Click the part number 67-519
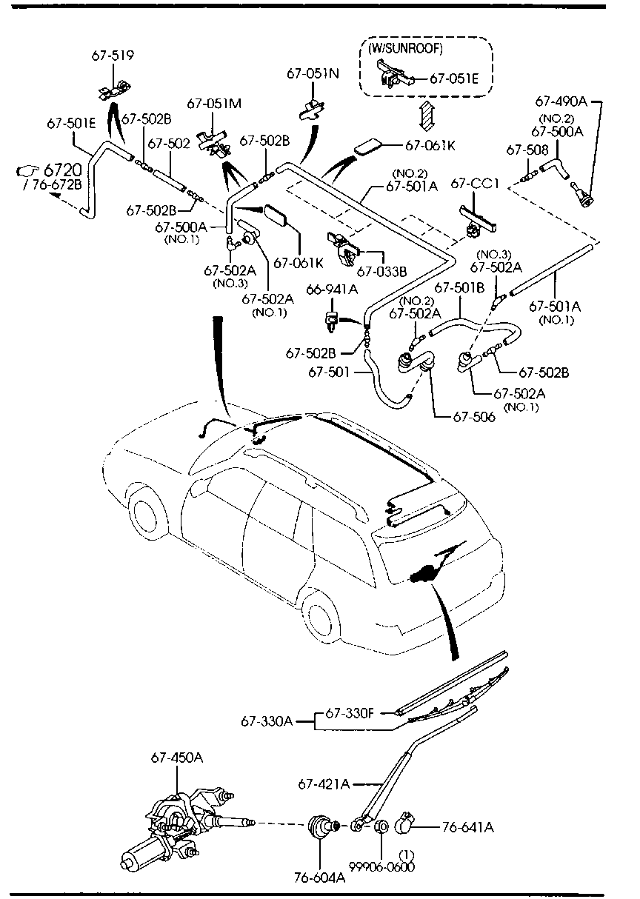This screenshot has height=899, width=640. [x=113, y=55]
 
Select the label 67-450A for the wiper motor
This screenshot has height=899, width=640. [x=176, y=757]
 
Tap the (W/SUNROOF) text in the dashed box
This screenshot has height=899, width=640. [x=405, y=49]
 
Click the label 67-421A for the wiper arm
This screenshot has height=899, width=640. [x=324, y=783]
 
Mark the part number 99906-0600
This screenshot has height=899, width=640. [x=382, y=866]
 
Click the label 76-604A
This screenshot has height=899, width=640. [x=320, y=878]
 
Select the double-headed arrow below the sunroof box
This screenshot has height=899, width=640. [x=426, y=116]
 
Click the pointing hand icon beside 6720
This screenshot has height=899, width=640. [x=27, y=173]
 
